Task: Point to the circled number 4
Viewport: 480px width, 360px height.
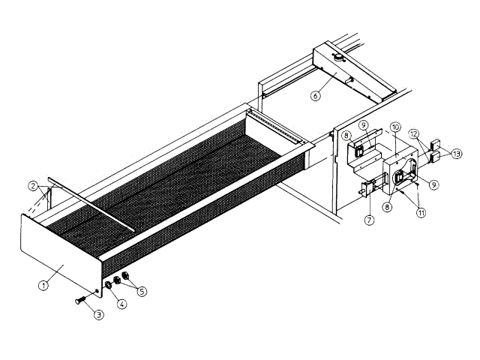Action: coord(121,304)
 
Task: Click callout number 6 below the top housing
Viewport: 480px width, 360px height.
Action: coord(316,94)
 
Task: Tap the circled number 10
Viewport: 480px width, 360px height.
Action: coord(396,127)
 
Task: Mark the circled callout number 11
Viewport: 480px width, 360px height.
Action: coord(421,212)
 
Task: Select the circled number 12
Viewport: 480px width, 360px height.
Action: coord(414,133)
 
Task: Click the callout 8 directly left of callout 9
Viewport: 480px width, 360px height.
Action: coord(346,136)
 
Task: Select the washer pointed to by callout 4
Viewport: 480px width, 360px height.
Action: coord(109,286)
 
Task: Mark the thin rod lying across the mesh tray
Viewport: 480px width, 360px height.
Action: coord(90,202)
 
